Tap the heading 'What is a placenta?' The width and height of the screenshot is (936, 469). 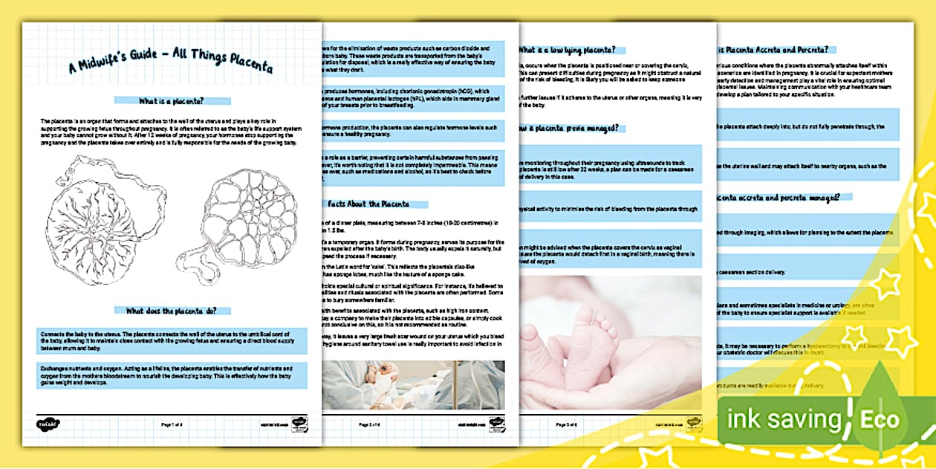[172, 100]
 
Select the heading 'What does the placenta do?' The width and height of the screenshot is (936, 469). [172, 311]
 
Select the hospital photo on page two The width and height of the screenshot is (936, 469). [413, 384]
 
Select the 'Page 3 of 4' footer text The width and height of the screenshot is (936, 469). [568, 424]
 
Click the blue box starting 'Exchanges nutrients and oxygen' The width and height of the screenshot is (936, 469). [172, 376]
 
